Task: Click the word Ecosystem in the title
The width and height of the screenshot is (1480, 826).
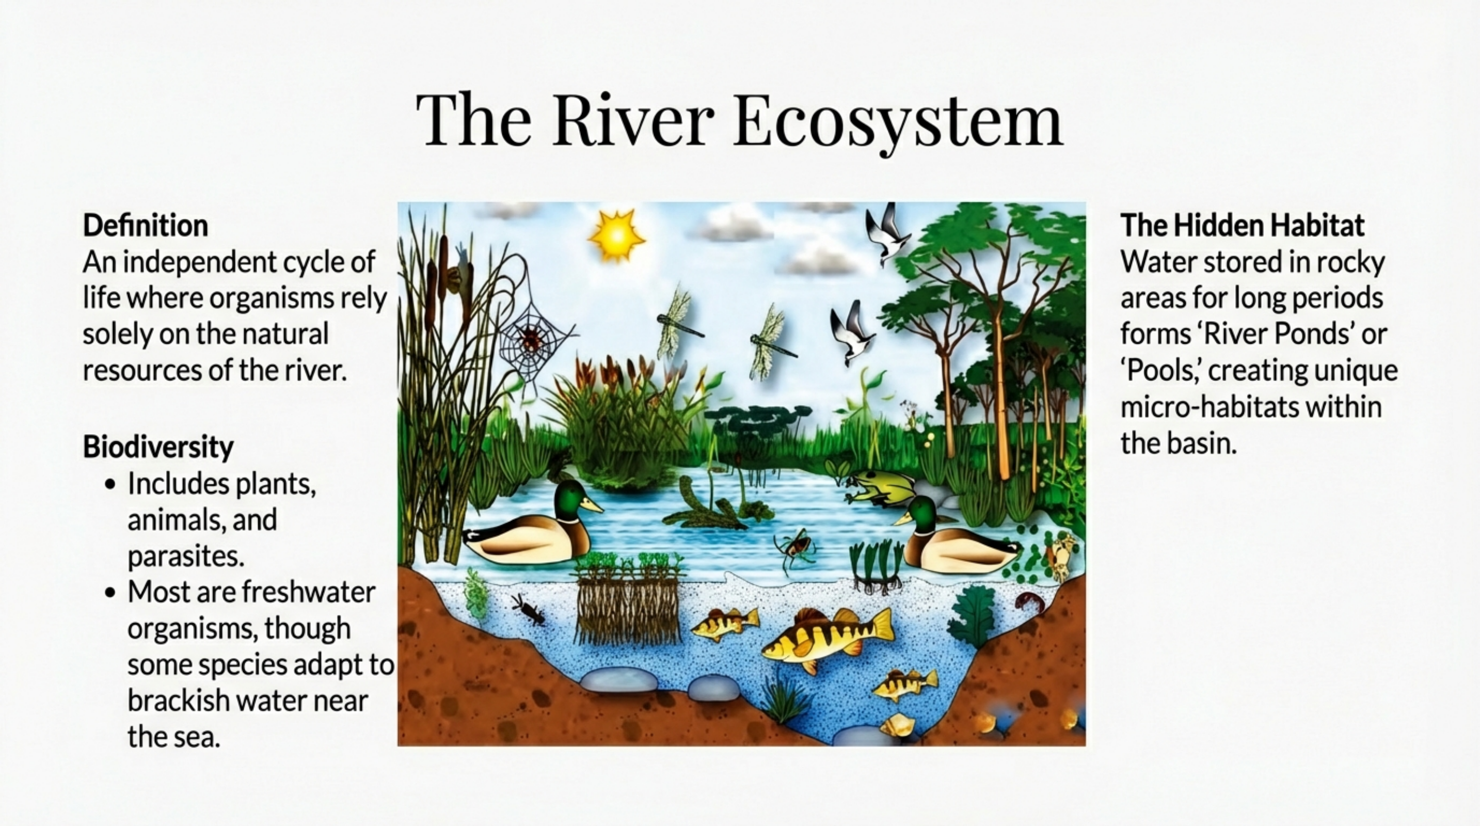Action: click(898, 122)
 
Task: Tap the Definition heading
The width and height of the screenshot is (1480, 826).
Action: click(146, 225)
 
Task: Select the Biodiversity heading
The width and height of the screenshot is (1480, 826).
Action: click(158, 447)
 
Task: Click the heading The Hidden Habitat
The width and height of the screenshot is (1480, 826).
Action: click(1242, 225)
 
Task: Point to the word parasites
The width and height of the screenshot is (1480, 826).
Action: click(185, 556)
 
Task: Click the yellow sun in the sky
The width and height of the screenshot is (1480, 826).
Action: click(616, 235)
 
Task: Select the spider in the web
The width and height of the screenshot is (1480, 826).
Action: click(530, 339)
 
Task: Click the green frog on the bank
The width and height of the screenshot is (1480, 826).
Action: click(879, 486)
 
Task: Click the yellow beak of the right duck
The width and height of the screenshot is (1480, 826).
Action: click(902, 519)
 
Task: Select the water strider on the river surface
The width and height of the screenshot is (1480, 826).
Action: click(794, 546)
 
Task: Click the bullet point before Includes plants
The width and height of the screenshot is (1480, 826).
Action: click(111, 484)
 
